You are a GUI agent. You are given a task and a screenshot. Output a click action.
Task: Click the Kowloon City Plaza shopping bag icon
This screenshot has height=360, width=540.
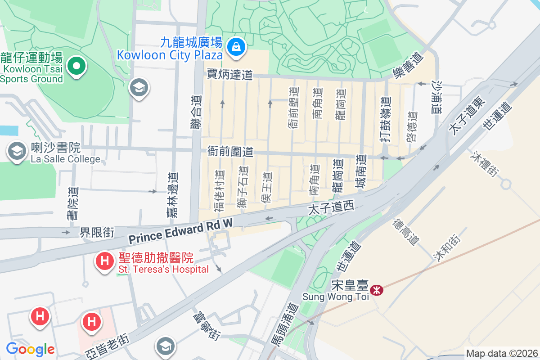(x=235, y=46)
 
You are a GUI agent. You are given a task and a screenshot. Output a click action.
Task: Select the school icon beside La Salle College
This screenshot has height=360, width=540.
(x=17, y=152)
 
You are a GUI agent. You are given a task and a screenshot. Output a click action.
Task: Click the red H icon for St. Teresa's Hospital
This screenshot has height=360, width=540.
(x=105, y=261)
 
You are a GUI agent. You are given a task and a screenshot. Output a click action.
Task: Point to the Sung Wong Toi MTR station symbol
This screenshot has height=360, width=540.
(x=376, y=290)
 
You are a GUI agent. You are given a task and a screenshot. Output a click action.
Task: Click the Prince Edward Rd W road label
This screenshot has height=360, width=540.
(x=181, y=231)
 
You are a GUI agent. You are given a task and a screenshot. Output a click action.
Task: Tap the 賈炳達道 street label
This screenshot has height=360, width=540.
(x=229, y=75)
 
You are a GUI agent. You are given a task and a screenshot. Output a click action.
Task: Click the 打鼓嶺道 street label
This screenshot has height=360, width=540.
(x=385, y=120)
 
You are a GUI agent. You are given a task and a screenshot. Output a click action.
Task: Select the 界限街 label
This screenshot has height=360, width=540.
(x=97, y=232)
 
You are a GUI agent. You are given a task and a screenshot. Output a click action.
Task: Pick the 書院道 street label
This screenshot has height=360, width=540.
(x=72, y=204)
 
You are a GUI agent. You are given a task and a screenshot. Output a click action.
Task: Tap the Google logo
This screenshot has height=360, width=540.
(x=30, y=349)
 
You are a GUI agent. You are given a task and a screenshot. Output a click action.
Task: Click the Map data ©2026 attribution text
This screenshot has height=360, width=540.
(x=502, y=354)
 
